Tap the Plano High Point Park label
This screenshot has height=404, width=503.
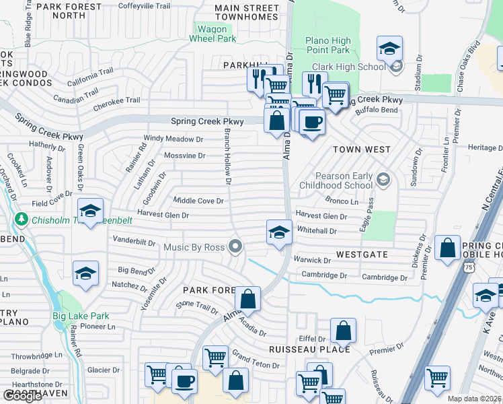tap(327, 45)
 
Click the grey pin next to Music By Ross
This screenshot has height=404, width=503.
tap(235, 247)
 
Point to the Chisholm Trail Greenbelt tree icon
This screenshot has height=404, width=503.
tap(22, 220)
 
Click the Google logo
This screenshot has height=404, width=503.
tap(22, 396)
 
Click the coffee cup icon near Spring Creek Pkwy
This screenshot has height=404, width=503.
tap(311, 122)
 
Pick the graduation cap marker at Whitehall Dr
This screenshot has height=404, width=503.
tap(280, 232)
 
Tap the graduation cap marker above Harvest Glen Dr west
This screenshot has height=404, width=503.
tap(90, 211)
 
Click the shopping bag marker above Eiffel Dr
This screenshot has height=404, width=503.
tap(343, 331)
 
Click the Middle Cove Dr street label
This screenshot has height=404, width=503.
tap(198, 201)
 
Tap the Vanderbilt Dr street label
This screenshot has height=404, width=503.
tap(134, 240)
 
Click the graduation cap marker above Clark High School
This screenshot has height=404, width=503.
tap(389, 48)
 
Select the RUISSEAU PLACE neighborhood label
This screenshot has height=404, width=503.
tap(309, 349)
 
